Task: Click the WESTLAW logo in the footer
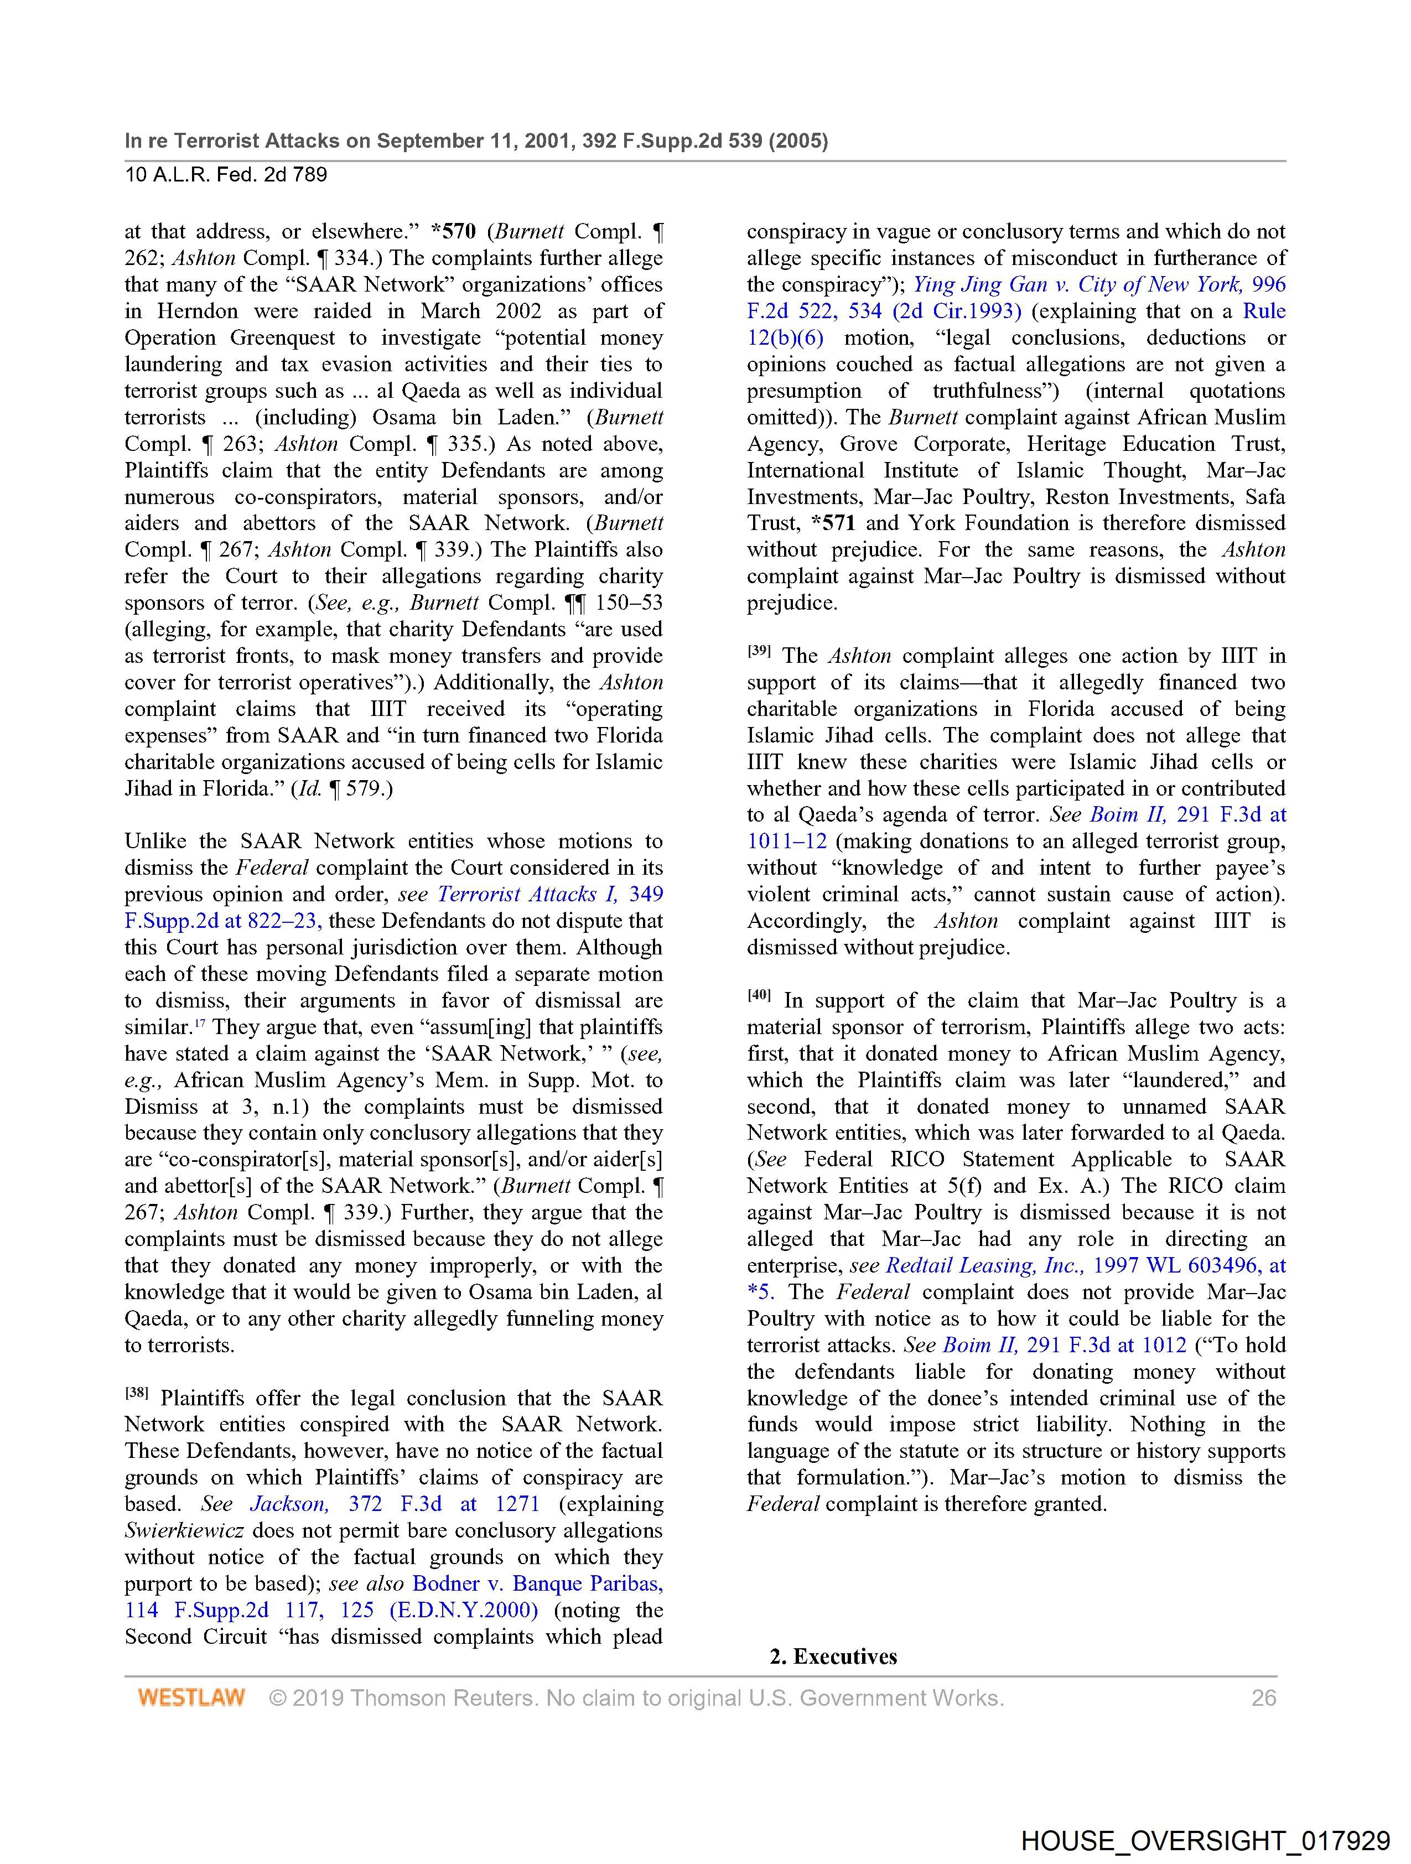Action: point(191,1697)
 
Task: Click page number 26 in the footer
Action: point(1263,1697)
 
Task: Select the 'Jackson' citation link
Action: point(288,1504)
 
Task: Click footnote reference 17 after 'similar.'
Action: point(200,1022)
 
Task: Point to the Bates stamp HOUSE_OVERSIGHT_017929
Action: point(1205,1840)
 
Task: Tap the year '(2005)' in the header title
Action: point(797,141)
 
